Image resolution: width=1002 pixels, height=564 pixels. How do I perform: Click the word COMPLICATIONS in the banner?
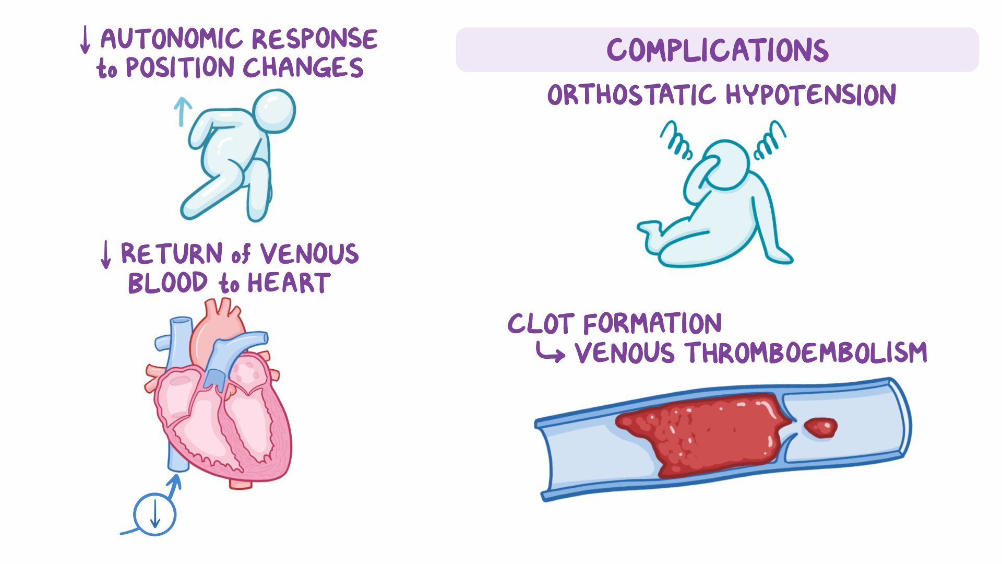click(717, 51)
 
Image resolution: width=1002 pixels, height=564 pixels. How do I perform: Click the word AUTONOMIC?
click(172, 39)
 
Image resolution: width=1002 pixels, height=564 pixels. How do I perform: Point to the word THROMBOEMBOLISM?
click(806, 353)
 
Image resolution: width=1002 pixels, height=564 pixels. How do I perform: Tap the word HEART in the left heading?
click(288, 284)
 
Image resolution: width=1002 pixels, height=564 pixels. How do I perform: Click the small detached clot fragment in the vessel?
click(820, 428)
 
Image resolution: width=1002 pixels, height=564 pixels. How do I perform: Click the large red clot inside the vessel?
click(705, 433)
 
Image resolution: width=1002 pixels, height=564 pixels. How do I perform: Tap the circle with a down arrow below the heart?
click(155, 514)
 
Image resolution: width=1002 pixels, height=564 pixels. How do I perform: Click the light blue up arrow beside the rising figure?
click(182, 111)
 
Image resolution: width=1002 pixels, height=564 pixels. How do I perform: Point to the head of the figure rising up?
click(274, 112)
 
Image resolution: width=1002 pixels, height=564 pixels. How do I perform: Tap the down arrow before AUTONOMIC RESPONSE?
click(85, 40)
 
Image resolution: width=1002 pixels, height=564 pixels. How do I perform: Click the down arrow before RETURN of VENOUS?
click(105, 255)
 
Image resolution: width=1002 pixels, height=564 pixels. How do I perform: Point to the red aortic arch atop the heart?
click(217, 326)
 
